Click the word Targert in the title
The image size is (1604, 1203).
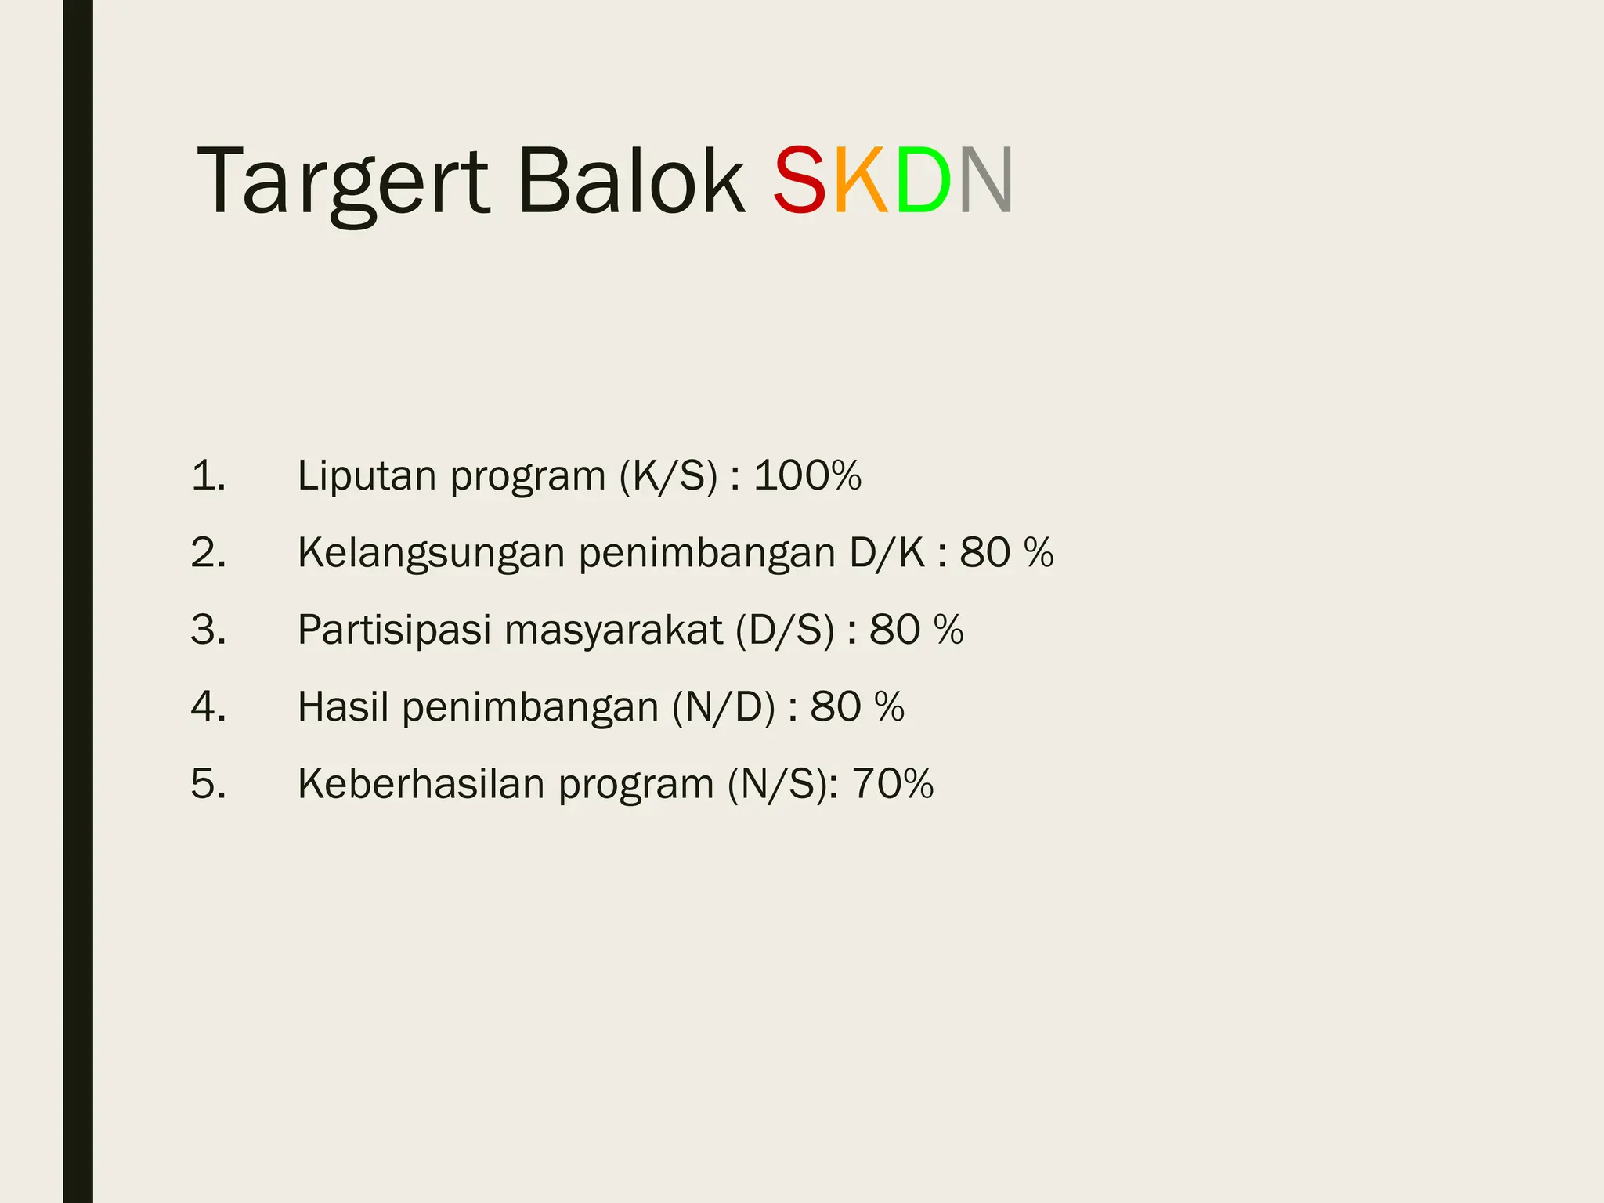click(x=342, y=182)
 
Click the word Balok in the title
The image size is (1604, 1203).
click(x=631, y=182)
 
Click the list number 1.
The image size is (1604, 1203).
click(x=208, y=475)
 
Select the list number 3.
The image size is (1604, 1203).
click(x=208, y=630)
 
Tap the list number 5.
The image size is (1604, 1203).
click(x=208, y=783)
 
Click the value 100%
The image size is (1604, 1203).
click(x=807, y=475)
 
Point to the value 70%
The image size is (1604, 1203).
click(x=893, y=783)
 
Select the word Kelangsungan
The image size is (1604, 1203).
click(x=431, y=553)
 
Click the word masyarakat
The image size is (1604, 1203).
click(x=613, y=630)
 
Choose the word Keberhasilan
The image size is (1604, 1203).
click(x=421, y=783)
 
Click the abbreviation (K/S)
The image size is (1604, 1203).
click(x=668, y=475)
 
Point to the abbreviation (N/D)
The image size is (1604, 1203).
click(x=724, y=706)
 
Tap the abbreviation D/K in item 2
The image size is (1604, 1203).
click(x=887, y=553)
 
